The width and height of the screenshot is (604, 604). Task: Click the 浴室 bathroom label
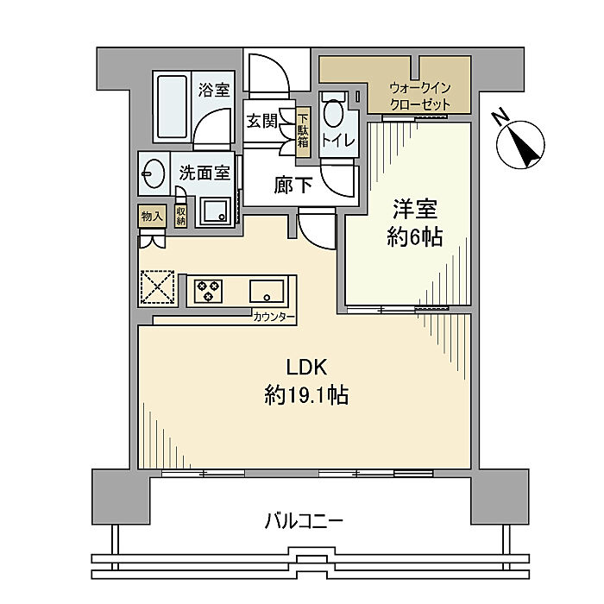click(x=214, y=90)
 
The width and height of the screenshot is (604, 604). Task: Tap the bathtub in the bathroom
click(x=173, y=108)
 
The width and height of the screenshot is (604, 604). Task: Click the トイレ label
click(x=338, y=141)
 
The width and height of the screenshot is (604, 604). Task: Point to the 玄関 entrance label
click(x=262, y=122)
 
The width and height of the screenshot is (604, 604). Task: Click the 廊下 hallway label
click(x=293, y=186)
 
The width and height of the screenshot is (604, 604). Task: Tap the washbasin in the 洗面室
click(x=153, y=174)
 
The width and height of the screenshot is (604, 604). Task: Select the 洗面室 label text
click(x=204, y=173)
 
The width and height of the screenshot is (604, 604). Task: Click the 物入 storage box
click(x=152, y=216)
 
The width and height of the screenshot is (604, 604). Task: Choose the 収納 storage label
click(x=180, y=216)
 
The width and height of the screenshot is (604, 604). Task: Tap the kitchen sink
click(x=267, y=292)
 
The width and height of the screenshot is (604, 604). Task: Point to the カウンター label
click(x=274, y=318)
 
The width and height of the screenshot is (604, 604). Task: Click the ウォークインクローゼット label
click(x=420, y=97)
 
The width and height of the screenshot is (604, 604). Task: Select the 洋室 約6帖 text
click(x=415, y=223)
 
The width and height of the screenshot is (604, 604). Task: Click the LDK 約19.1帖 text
click(x=306, y=381)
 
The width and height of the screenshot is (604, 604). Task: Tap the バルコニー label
click(x=304, y=522)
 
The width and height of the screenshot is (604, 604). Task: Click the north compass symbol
click(x=519, y=142)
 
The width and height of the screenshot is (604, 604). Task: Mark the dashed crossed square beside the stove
click(x=158, y=287)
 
